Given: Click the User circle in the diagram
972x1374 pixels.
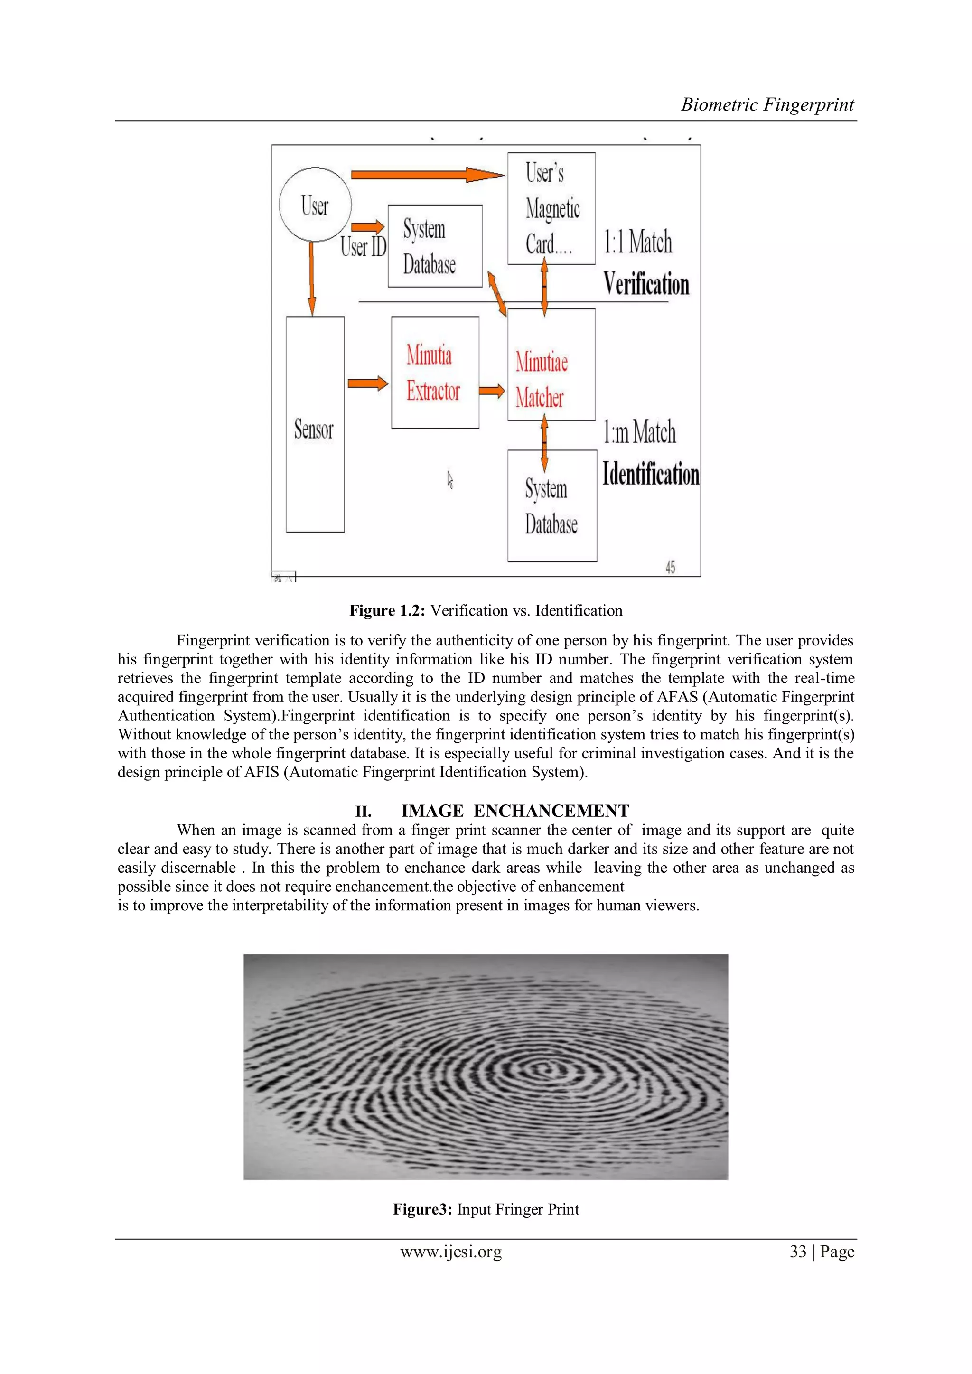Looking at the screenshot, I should (315, 205).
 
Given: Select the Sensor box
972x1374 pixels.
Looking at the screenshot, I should (315, 424).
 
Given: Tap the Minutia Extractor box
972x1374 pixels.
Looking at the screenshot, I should (435, 372).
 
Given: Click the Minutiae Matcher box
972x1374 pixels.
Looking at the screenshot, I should (551, 365).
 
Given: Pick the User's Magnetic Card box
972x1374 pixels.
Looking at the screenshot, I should (551, 208).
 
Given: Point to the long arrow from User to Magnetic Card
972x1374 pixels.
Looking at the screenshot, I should (426, 175).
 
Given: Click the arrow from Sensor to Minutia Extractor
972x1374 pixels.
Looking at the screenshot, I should (367, 383).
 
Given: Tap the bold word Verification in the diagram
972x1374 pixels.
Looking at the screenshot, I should (646, 284).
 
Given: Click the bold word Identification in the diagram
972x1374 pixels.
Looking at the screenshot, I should (651, 474).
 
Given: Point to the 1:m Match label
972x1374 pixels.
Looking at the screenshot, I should (639, 432).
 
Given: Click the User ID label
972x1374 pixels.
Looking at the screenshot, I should (363, 246).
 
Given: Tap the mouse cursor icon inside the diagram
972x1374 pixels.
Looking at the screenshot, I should (450, 479).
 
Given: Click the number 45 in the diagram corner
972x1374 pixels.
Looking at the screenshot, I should (670, 567).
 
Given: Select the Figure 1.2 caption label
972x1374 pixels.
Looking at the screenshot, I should (387, 610).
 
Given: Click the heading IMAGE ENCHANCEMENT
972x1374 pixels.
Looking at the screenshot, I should (515, 811).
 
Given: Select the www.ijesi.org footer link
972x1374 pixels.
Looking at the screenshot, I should (451, 1252).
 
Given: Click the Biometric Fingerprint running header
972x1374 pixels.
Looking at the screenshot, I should (767, 105).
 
